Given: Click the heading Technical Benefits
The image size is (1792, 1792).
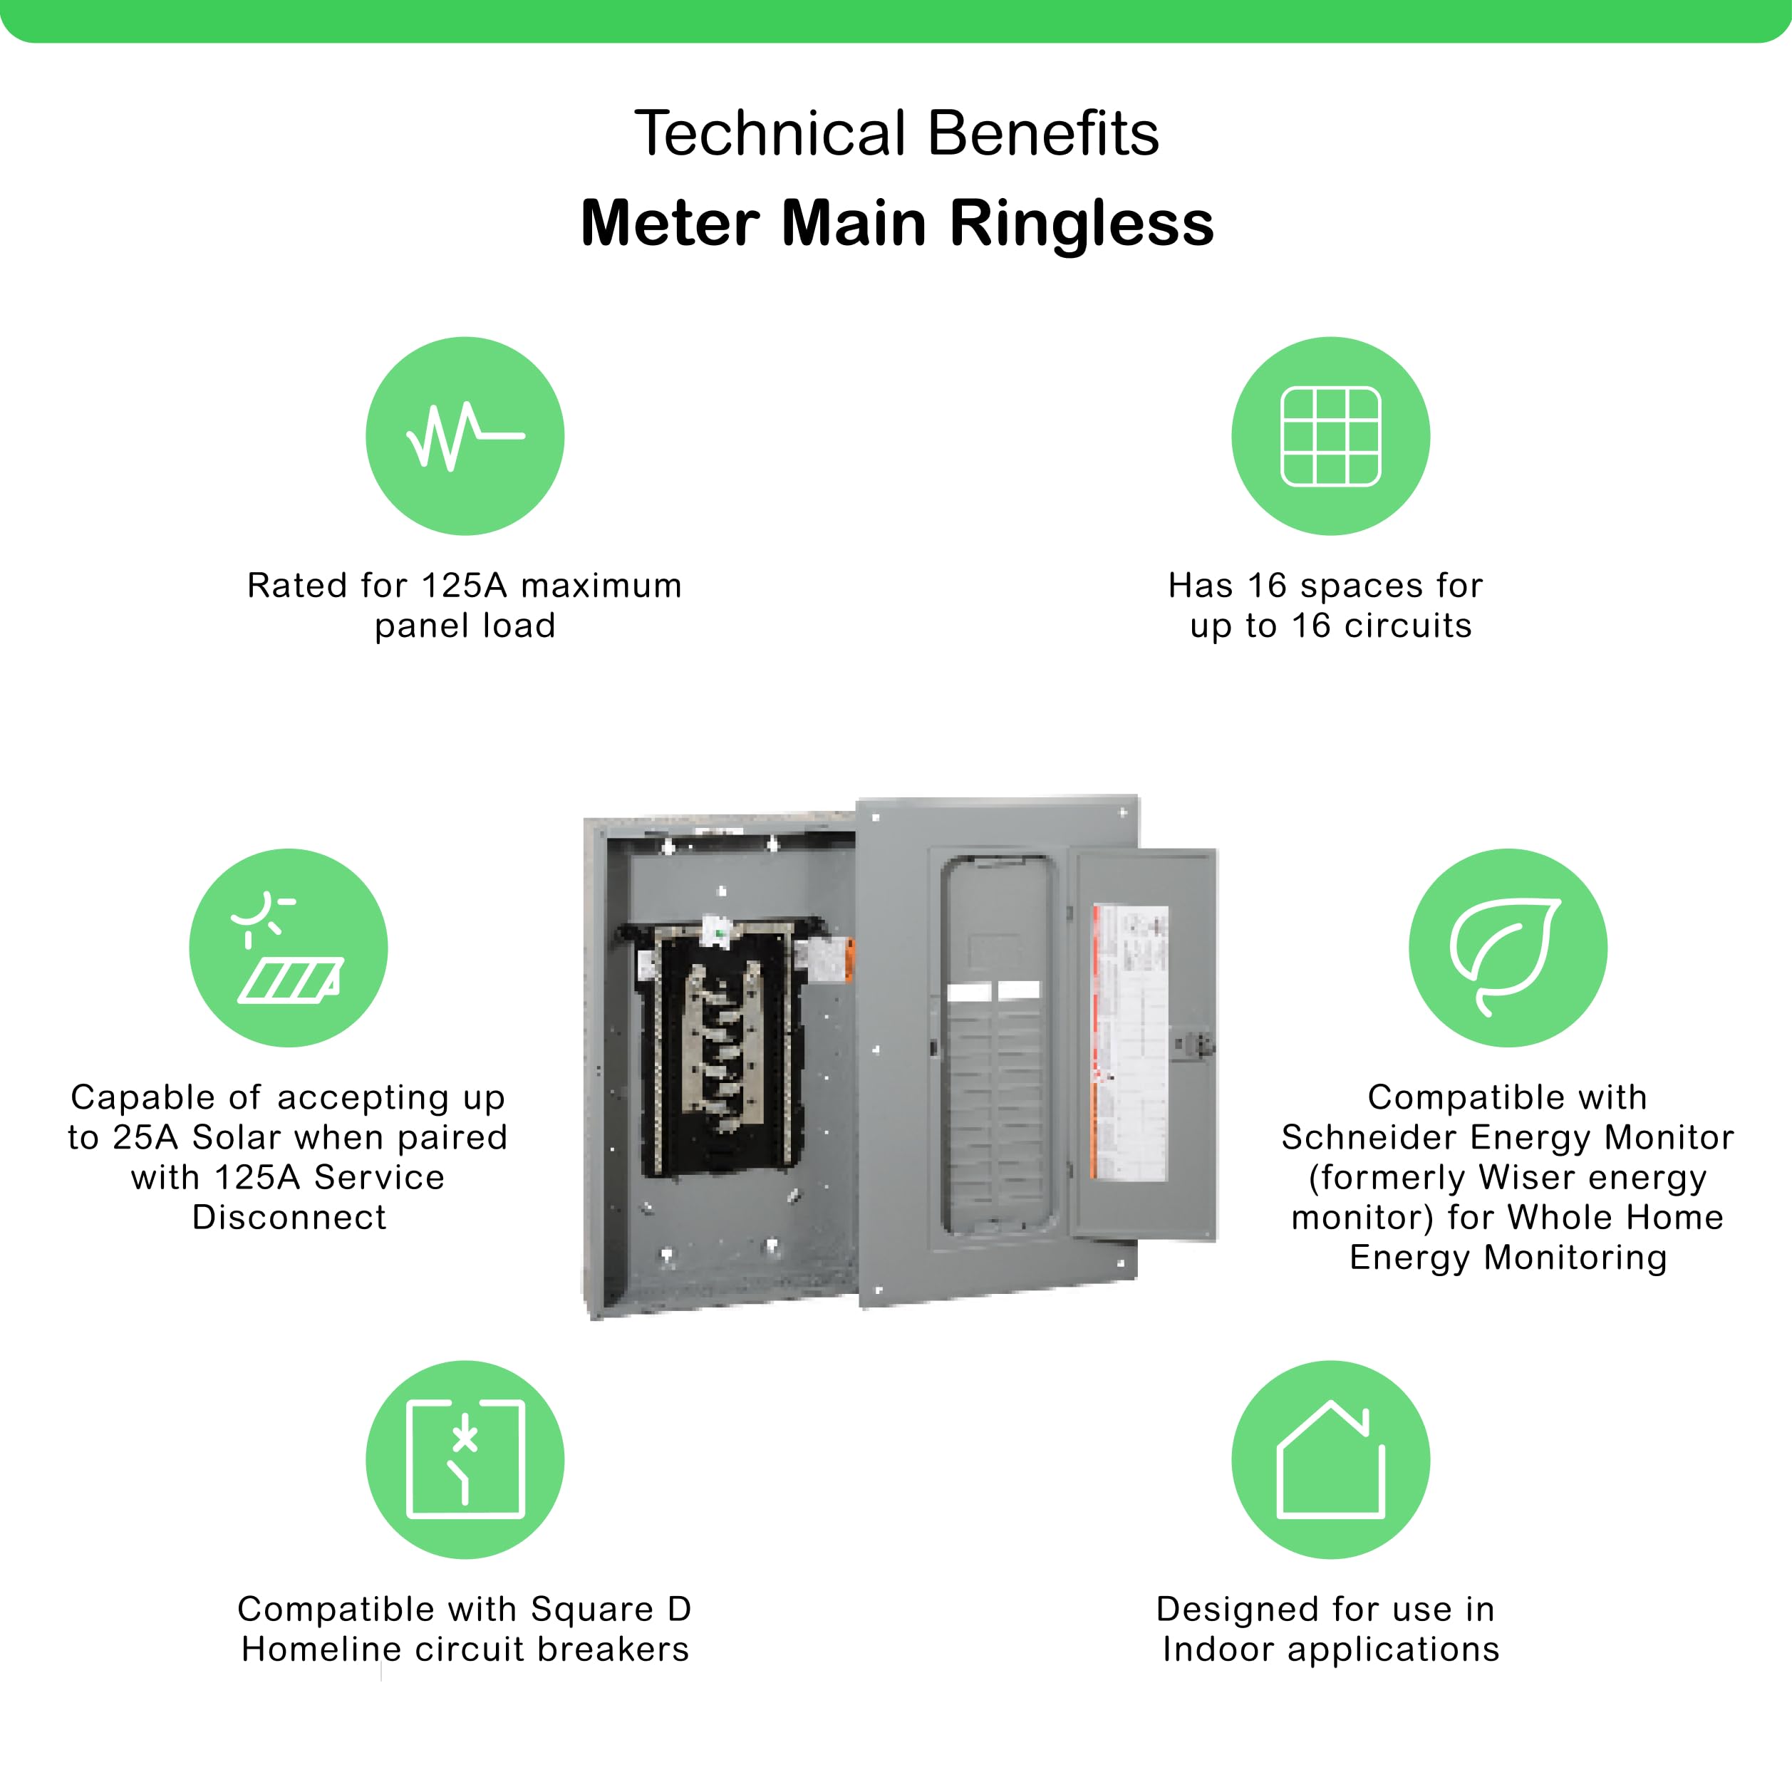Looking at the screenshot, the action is (896, 133).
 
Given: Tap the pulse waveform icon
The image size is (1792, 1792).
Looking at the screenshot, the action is (465, 436).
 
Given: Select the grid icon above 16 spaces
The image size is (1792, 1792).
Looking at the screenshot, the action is (1330, 436).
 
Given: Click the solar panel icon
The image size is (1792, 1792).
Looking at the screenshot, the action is (289, 948).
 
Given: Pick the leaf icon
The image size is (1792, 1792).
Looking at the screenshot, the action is (1507, 948).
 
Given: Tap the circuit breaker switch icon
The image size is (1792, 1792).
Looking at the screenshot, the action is (465, 1460).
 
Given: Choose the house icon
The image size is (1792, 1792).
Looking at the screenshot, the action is (1330, 1460).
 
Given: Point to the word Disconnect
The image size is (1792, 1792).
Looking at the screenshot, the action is (289, 1218).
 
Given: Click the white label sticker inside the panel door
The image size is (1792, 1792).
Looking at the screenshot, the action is (1130, 1043).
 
